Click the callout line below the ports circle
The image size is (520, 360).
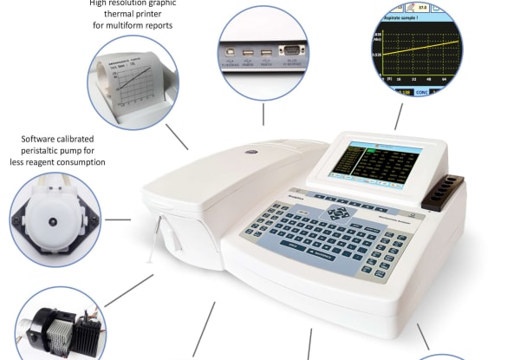tap(264, 115)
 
